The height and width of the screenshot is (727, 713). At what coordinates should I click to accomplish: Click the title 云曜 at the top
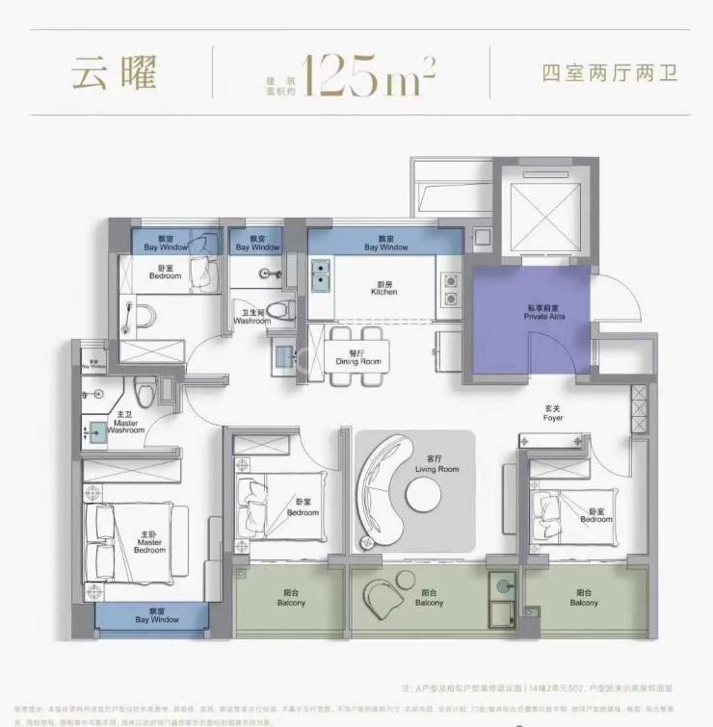[114, 74]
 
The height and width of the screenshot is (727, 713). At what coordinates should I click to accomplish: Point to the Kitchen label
[385, 288]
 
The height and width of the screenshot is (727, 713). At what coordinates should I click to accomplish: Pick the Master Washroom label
[127, 425]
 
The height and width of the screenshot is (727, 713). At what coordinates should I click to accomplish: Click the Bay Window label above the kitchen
[385, 243]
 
